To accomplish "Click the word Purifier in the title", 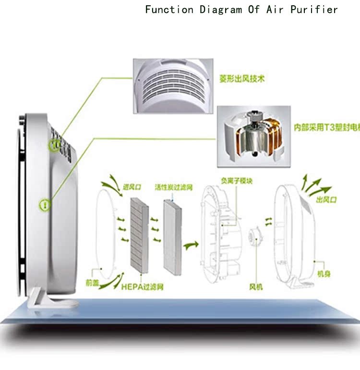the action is pos(314,10).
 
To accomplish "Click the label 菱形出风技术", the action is pos(242,78).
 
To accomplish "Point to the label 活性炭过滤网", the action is pos(173,186).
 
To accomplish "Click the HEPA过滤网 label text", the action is pos(143,287).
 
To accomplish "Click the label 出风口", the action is pos(326,198).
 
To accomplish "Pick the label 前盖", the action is pos(92,284).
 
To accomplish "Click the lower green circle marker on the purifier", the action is pos(45,205).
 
